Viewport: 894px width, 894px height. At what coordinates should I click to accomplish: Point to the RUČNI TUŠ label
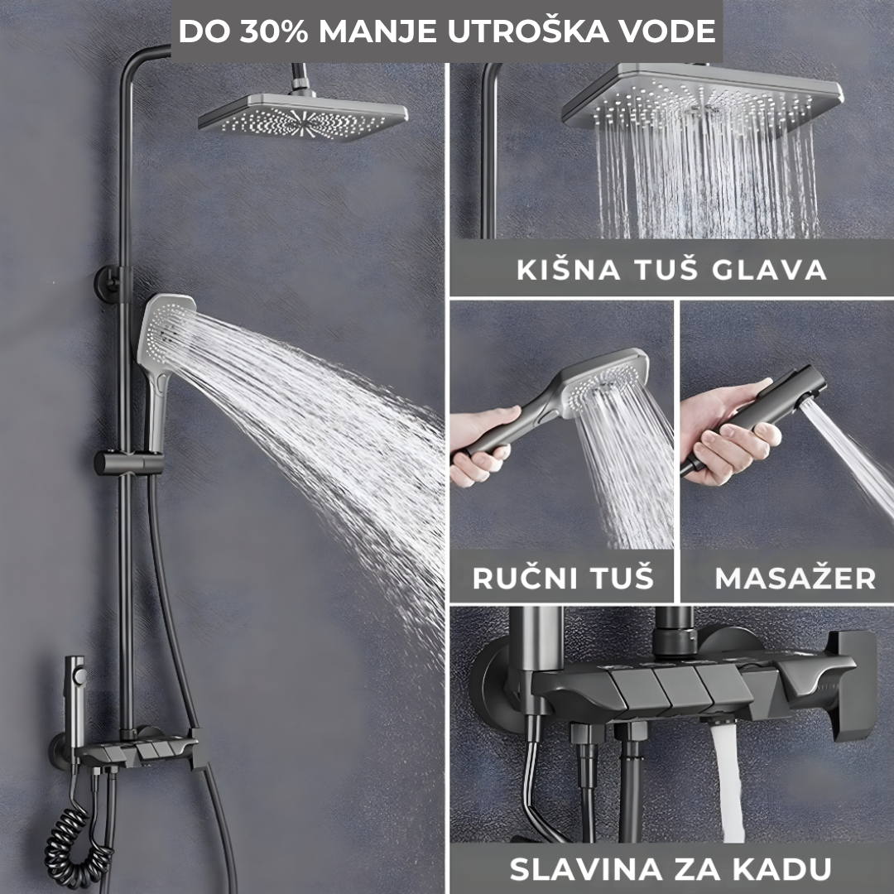pyautogui.click(x=563, y=578)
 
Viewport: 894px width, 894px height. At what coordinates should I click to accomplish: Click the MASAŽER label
pyautogui.click(x=795, y=578)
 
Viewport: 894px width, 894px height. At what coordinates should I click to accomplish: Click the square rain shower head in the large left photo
pyautogui.click(x=303, y=116)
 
